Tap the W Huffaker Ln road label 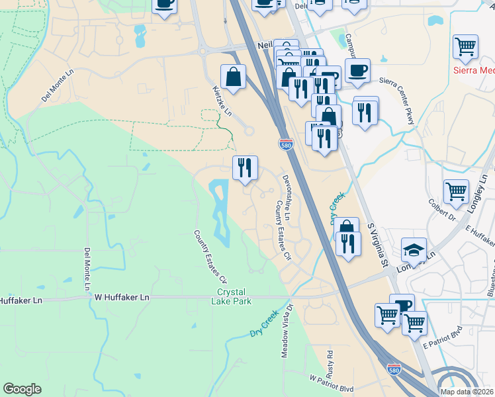tap(122, 298)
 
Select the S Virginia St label tap(377, 245)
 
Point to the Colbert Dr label tap(443, 211)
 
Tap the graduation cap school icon tap(414, 249)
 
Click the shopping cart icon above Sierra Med tap(466, 47)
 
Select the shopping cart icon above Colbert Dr tap(456, 191)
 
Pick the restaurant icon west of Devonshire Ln tap(245, 168)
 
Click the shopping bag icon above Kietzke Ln tap(234, 77)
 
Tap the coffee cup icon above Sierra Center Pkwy tap(357, 70)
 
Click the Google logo tap(22, 389)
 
